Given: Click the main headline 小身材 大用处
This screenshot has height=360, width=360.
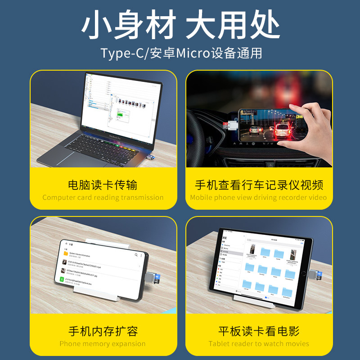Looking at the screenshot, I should point(180,25).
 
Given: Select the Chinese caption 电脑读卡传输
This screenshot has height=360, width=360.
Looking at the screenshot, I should point(103,185).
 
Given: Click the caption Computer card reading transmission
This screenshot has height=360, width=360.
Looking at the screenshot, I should point(103,198).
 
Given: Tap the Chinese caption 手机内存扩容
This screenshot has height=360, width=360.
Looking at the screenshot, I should point(103,332).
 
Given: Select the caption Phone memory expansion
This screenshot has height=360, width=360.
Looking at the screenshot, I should point(103,344).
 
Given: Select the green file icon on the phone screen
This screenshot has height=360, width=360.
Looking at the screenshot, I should point(63,279).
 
